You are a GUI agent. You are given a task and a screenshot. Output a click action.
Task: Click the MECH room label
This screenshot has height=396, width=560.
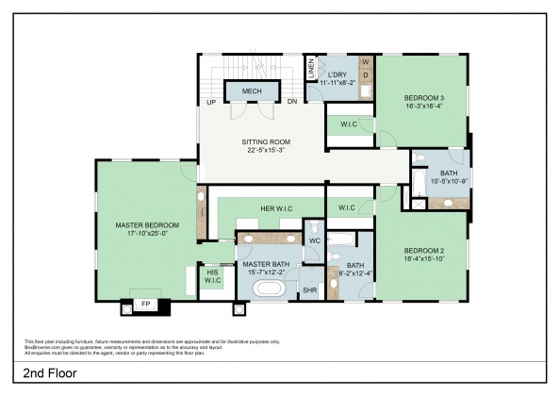tap(252, 91)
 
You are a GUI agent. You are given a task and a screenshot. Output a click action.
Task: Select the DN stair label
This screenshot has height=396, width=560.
tap(292, 101)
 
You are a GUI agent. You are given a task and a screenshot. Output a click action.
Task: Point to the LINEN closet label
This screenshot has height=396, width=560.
tap(311, 70)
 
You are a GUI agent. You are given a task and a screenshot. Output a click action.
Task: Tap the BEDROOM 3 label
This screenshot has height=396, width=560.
tap(424, 98)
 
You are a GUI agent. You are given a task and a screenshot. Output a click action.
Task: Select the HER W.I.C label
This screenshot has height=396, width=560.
tap(279, 208)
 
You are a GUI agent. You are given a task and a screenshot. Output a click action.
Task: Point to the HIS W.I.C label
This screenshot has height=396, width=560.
tap(213, 275)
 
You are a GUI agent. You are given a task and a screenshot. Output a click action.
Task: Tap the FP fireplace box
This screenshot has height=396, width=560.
tap(145, 305)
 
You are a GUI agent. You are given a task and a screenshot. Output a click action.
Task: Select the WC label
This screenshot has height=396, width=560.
tap(315, 241)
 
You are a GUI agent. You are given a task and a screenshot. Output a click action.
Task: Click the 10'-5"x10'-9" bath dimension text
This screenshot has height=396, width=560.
tap(449, 181)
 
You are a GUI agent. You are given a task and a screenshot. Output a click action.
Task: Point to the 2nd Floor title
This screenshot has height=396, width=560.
tap(49, 371)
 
